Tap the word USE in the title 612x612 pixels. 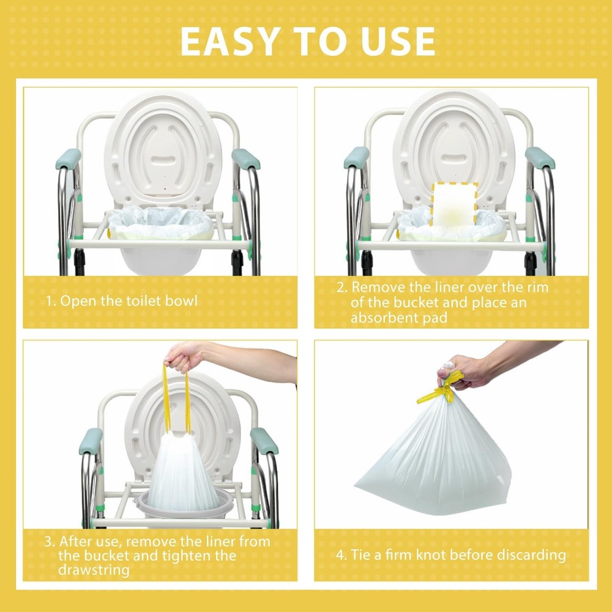398,42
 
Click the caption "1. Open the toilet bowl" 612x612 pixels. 122,301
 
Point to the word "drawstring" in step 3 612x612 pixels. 94,570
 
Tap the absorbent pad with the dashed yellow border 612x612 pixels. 454,204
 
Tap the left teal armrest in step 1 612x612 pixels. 69,159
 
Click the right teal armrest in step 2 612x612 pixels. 540,158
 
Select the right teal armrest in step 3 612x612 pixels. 264,441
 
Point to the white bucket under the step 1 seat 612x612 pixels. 161,261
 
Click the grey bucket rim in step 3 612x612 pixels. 184,506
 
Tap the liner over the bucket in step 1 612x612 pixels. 161,223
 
